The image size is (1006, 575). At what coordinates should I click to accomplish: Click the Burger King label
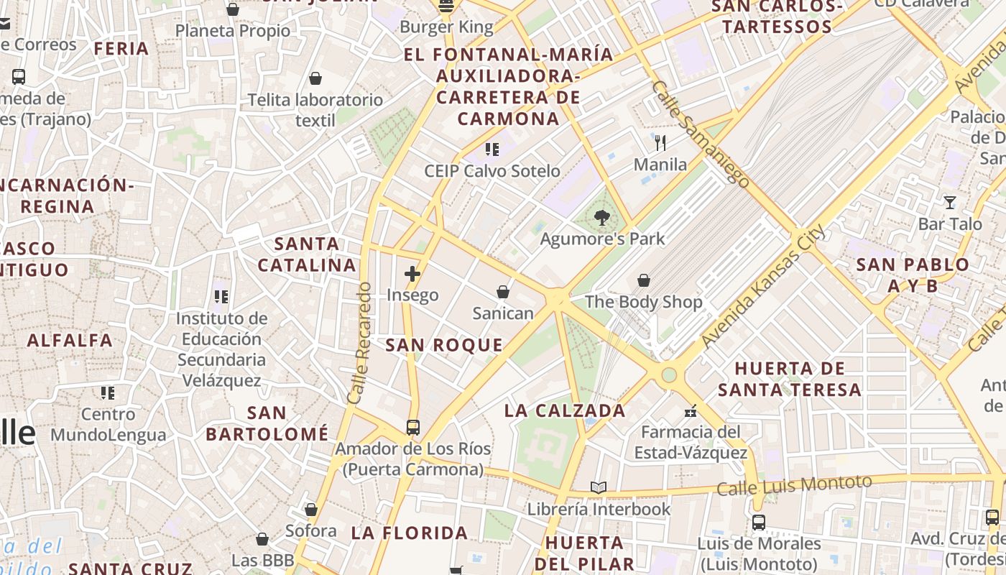point(446,28)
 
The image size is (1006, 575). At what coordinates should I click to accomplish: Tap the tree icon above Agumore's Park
point(602,217)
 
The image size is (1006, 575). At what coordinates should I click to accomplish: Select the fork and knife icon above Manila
point(660,143)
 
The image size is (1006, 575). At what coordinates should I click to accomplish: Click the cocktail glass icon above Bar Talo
point(950,203)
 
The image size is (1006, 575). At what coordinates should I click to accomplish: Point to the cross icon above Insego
point(412,274)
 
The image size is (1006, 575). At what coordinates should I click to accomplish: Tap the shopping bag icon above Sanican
point(503,292)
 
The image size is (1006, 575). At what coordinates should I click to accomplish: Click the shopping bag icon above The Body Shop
point(644,280)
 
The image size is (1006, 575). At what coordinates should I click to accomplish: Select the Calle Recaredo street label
point(359,343)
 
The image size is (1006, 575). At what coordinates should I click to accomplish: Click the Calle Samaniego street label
point(701,134)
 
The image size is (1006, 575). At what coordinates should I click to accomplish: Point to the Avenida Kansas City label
point(762,287)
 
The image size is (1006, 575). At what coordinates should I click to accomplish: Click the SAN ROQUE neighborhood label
point(444,345)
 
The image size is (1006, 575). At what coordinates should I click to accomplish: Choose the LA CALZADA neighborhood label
point(565,411)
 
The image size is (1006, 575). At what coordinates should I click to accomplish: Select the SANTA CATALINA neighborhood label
point(307,254)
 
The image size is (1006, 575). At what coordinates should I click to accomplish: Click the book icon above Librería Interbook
point(599,488)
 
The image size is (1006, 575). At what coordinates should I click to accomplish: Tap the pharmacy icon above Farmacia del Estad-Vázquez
point(691,411)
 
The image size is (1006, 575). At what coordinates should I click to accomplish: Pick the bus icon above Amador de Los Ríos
point(413,428)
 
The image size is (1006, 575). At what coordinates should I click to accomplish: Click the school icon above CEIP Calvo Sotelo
point(492,149)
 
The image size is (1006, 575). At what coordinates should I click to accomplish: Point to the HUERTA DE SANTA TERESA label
point(790,379)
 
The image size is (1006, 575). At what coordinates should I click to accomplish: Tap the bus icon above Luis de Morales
point(759,523)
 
